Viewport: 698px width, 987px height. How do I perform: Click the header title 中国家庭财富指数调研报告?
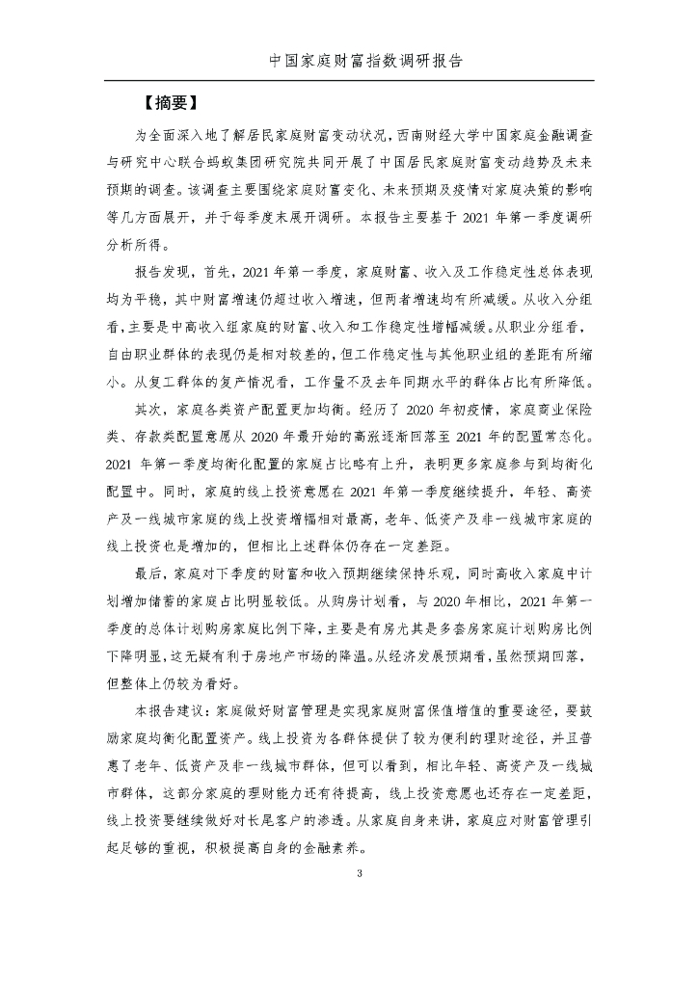coord(349,60)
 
